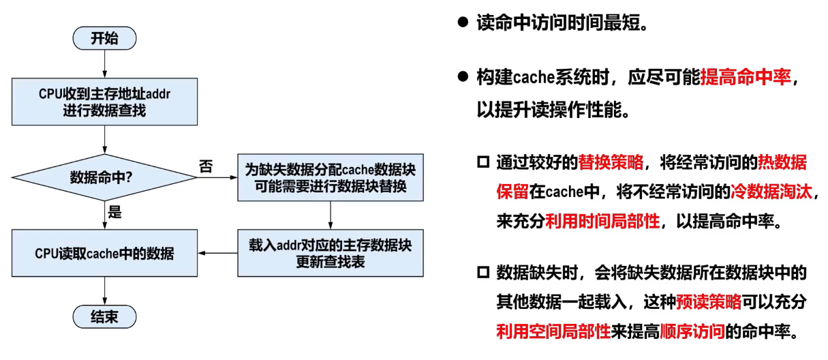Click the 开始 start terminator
104,38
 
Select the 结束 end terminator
104,317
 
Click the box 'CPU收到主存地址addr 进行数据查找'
104,101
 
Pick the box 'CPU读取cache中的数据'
104,254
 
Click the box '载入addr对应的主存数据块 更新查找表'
331,253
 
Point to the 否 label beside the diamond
205,166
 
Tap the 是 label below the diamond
114,212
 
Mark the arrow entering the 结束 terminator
104,292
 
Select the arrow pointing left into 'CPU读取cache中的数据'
218,254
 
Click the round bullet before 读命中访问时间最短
463,22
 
